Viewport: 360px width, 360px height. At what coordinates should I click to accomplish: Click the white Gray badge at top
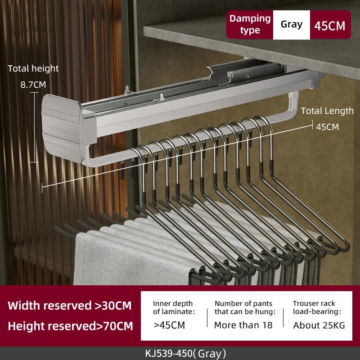[x=291, y=25]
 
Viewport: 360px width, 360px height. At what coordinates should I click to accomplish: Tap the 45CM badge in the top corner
[x=330, y=25]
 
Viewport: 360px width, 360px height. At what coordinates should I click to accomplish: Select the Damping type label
[x=250, y=24]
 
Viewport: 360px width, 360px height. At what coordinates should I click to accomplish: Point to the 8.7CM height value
[x=33, y=85]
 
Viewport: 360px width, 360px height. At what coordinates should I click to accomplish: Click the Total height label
[x=33, y=68]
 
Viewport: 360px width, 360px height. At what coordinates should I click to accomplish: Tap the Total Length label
[x=327, y=111]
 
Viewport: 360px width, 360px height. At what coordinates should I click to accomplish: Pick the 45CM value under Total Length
[x=327, y=127]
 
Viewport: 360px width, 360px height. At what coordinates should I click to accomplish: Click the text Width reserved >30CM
[x=70, y=306]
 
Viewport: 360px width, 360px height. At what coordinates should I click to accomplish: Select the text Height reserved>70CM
[x=70, y=326]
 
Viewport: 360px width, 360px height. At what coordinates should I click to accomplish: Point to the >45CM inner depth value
[x=169, y=325]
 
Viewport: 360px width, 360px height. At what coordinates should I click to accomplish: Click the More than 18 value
[x=243, y=325]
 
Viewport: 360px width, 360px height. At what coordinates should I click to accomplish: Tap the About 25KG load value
[x=319, y=325]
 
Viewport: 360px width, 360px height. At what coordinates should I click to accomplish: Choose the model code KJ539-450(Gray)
[x=185, y=354]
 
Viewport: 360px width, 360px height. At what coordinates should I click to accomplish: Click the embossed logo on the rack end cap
[x=59, y=129]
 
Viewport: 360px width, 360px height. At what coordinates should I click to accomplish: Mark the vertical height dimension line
[x=35, y=127]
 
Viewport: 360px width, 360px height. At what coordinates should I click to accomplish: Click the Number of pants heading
[x=245, y=308]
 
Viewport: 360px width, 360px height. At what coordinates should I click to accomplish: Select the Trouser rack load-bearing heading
[x=317, y=307]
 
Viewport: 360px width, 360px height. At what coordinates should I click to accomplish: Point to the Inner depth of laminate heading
[x=174, y=308]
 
